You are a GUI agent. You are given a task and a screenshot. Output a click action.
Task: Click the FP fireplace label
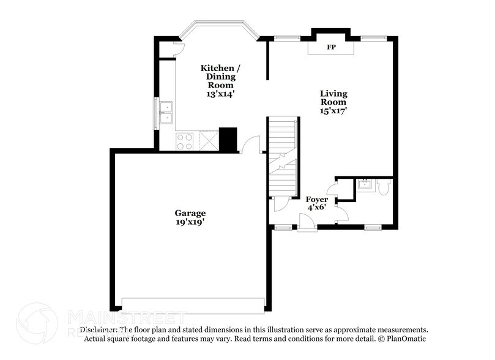click(x=331, y=47)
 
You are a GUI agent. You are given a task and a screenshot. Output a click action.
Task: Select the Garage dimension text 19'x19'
click(x=190, y=222)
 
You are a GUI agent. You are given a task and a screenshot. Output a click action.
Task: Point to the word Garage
click(x=190, y=213)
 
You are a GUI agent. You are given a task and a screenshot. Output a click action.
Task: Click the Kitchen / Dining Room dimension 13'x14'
click(x=220, y=94)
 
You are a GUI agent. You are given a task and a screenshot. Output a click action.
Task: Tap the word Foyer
click(x=317, y=199)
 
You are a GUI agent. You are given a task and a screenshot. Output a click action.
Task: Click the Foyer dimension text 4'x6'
click(x=317, y=208)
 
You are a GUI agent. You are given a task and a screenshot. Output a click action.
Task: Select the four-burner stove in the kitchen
click(x=185, y=142)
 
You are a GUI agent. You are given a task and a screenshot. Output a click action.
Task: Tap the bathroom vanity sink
click(x=365, y=184)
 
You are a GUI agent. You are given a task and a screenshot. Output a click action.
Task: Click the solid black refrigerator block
click(x=228, y=140)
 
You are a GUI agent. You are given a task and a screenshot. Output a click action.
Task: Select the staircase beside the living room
click(x=282, y=156)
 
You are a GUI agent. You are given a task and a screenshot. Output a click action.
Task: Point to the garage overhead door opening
click(x=193, y=304)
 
